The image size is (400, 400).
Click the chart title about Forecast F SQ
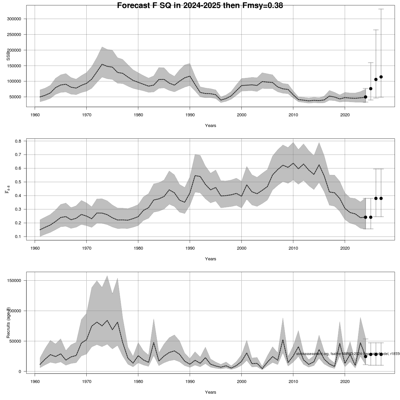point(200,5)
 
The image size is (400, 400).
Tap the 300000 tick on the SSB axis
point(14,19)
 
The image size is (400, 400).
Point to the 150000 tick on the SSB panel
point(14,50)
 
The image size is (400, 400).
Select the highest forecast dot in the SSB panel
point(381,77)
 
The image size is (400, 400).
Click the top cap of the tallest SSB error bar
point(381,9)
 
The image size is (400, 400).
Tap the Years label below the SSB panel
point(210,126)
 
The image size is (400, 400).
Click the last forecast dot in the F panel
point(381,198)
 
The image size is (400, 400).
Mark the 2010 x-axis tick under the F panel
point(293,248)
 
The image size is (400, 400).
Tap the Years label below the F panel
point(210,259)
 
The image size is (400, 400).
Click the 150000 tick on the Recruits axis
point(14,281)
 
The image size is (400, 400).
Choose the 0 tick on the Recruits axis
point(20,372)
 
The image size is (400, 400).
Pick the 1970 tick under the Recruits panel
point(86,381)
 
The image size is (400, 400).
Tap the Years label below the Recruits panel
point(210,392)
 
